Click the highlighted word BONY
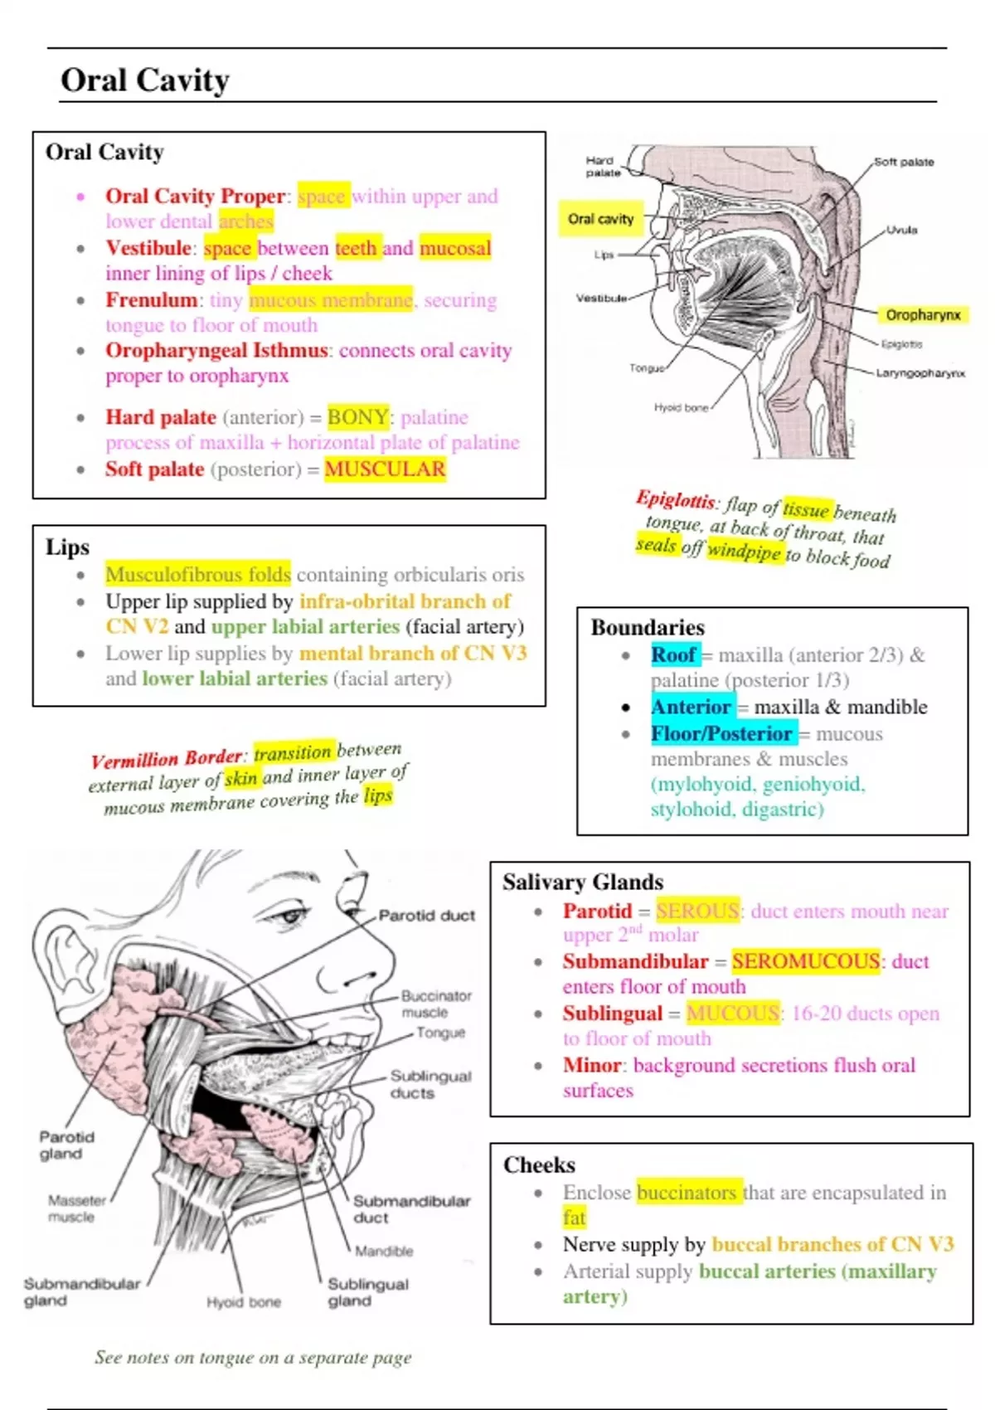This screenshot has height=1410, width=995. tap(357, 417)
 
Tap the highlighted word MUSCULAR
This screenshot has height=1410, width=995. tap(385, 469)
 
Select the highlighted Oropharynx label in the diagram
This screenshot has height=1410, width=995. tap(923, 315)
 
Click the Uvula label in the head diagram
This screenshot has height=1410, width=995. tap(901, 230)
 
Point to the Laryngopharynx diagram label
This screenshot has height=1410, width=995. tap(920, 373)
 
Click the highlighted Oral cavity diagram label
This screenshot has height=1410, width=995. tap(600, 219)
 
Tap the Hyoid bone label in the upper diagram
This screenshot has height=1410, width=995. tap(681, 407)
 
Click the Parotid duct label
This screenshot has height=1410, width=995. tap(426, 916)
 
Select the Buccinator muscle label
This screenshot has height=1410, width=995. tap(435, 1004)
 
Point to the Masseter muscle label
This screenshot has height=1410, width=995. tap(76, 1208)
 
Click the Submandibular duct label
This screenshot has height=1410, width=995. tap(411, 1209)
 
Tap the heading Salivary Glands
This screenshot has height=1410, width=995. tap(583, 882)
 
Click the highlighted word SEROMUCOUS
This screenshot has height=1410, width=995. tap(805, 961)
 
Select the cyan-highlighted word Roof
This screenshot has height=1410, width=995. tap(673, 655)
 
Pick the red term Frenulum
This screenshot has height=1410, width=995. tap(151, 300)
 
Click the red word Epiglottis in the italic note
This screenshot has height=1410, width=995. tap(675, 499)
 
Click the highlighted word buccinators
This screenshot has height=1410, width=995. tap(687, 1193)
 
